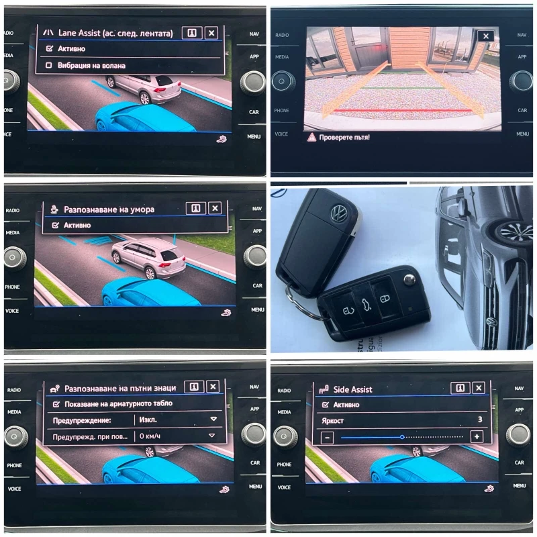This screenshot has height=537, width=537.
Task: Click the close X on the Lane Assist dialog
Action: pyautogui.click(x=211, y=33)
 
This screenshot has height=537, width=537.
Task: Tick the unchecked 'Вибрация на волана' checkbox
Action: pyautogui.click(x=49, y=66)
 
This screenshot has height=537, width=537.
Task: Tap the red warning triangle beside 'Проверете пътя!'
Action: pyautogui.click(x=311, y=137)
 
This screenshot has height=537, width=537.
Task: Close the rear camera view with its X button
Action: pyautogui.click(x=485, y=36)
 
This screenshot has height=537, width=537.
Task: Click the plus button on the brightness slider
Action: pyautogui.click(x=477, y=436)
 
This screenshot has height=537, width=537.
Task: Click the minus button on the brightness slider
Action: pyautogui.click(x=327, y=437)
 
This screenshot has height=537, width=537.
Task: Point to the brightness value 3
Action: pyautogui.click(x=479, y=420)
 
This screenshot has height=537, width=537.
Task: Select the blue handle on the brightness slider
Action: pyautogui.click(x=402, y=437)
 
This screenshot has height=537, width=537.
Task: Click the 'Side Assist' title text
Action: pyautogui.click(x=352, y=389)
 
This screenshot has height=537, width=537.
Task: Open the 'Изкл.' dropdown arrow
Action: pyautogui.click(x=213, y=419)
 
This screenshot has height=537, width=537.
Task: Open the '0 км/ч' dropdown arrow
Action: pyautogui.click(x=211, y=436)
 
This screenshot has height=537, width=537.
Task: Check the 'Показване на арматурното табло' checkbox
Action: pyautogui.click(x=56, y=403)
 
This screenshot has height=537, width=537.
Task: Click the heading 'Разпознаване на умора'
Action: pyautogui.click(x=109, y=209)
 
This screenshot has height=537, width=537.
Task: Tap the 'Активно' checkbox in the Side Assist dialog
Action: pyautogui.click(x=326, y=405)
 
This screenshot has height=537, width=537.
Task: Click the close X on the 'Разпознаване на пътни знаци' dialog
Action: pyautogui.click(x=213, y=387)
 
